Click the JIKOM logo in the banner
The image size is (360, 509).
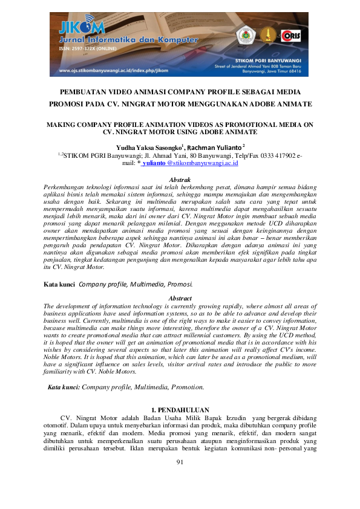tap(82, 27)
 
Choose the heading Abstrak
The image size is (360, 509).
tap(180, 180)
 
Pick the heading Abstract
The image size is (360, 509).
tap(180, 299)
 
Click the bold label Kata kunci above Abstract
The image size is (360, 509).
tap(59, 283)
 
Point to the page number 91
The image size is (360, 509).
tap(180, 462)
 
